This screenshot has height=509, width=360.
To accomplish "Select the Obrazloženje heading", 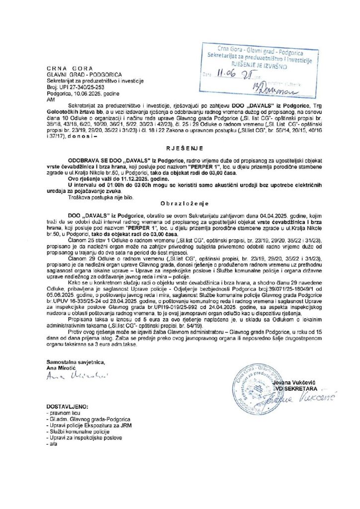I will pos(180,204).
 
